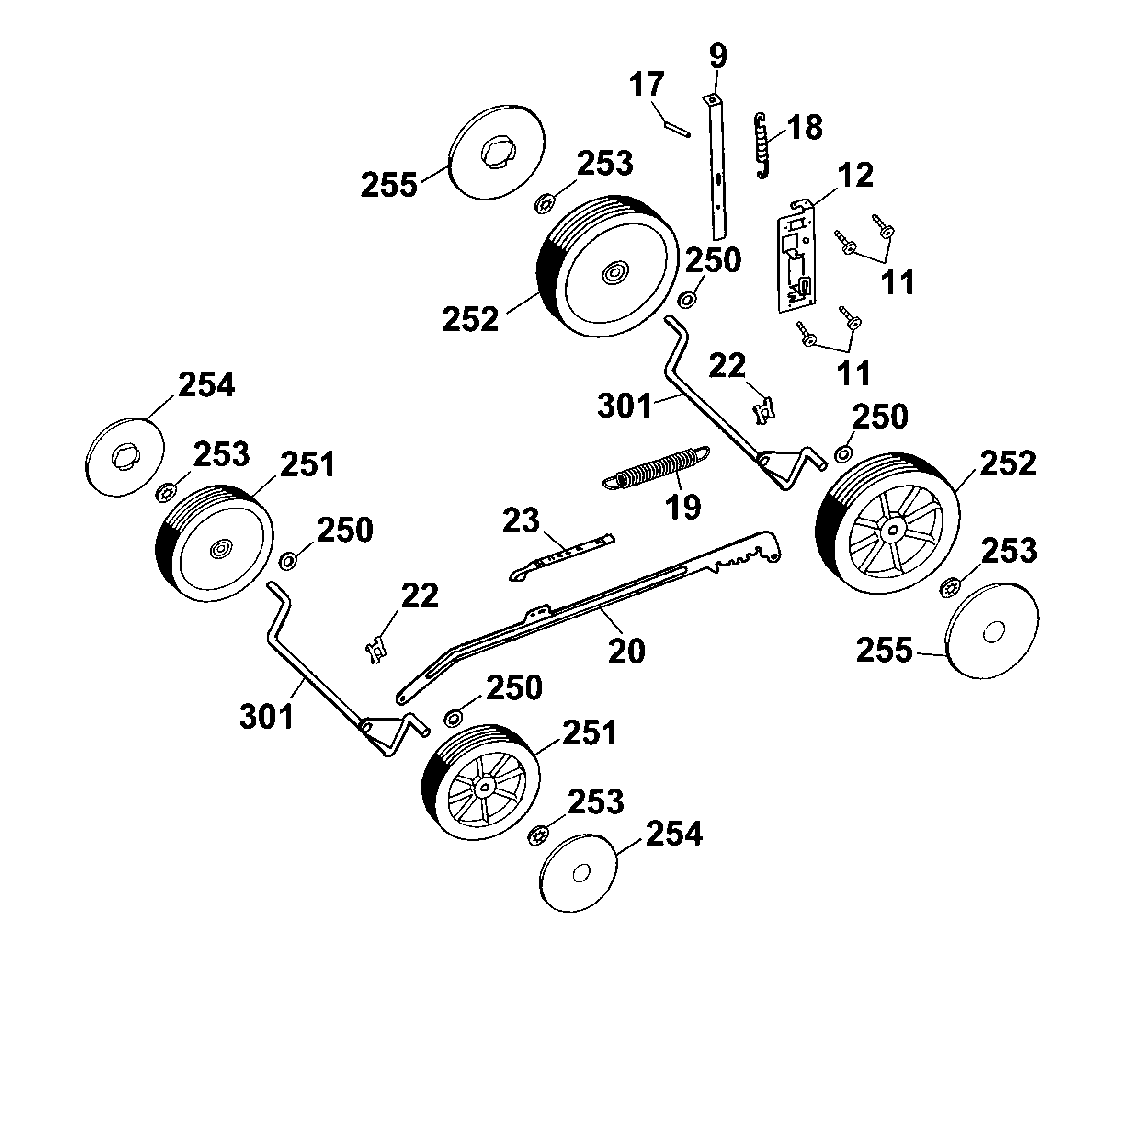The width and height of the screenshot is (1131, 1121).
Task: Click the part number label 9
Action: coord(718,56)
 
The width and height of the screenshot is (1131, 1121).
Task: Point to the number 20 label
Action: coord(626,651)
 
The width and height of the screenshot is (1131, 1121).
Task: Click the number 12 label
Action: coord(855,175)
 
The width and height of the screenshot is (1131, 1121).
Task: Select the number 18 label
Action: coord(805,128)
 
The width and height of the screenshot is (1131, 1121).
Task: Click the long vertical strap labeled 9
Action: coord(717,170)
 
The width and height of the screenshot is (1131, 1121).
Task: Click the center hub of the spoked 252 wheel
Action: coord(892,531)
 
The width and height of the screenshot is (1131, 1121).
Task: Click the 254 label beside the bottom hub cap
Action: coord(674,834)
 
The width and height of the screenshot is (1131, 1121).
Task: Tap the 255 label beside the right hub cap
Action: coord(884,650)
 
